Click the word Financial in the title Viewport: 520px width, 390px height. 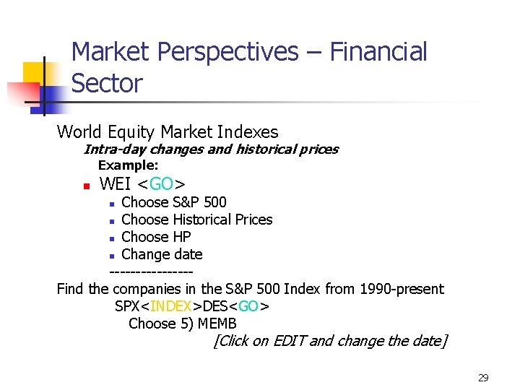tap(378, 52)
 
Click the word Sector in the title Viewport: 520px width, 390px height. tap(107, 84)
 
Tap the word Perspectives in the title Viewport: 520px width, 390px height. tap(227, 52)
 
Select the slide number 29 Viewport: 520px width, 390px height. tap(483, 378)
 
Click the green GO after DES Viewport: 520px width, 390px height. tap(249, 306)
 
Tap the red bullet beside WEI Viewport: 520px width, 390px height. tap(86, 186)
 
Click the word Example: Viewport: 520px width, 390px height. tap(128, 166)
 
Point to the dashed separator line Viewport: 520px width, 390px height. tap(150, 272)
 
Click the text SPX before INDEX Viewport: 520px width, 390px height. tap(127, 306)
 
